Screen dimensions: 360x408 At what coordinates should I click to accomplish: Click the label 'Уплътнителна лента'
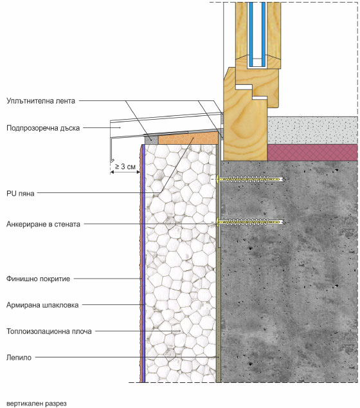[x=40, y=100]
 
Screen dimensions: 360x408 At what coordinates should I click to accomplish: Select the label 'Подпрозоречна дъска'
[x=43, y=128]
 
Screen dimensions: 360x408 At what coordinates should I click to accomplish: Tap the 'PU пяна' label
[x=21, y=193]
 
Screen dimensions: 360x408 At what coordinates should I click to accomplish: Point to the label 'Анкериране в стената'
[x=43, y=224]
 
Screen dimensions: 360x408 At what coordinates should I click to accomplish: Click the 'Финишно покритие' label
[x=38, y=279]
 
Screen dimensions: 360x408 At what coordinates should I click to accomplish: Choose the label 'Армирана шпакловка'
[x=42, y=305]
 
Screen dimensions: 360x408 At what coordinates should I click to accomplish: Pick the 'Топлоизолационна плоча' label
[x=49, y=331]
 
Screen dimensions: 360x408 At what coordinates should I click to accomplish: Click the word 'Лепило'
[x=19, y=358]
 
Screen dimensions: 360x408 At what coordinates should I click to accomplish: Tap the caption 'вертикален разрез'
[x=37, y=403]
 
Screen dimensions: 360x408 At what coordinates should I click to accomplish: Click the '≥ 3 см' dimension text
[x=125, y=166]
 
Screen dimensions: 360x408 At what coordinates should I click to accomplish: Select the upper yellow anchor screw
[x=250, y=179]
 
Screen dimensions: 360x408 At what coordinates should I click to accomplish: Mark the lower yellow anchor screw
[x=250, y=222]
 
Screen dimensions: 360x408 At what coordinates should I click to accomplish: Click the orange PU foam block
[x=188, y=138]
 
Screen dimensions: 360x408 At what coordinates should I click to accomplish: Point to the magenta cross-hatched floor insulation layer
[x=312, y=153]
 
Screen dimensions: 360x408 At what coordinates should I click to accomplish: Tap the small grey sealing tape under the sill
[x=152, y=141]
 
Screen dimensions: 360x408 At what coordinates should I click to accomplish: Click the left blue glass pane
[x=251, y=34]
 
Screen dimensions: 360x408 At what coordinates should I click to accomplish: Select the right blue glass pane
[x=264, y=34]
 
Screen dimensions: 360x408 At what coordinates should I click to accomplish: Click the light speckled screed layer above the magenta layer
[x=312, y=131]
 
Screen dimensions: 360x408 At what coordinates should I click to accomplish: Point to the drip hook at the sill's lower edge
[x=112, y=160]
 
